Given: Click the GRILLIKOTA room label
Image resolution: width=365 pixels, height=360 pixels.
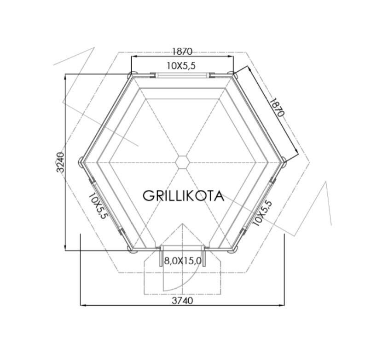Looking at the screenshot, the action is coord(183,196).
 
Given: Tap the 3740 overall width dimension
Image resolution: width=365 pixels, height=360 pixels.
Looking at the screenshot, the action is coord(182,301).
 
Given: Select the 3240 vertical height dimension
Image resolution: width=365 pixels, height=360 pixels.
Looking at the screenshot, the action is coord(60,162).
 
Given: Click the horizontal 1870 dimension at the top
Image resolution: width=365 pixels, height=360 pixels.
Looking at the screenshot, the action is coord(182,51).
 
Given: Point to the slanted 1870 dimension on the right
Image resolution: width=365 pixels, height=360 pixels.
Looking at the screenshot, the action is coord(277,108).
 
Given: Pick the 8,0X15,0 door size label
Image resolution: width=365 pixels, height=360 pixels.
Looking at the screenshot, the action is coord(183,261).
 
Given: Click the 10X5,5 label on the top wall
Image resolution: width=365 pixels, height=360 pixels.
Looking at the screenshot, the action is coord(181,66).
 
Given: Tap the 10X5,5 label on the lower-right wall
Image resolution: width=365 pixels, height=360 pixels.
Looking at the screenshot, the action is coord(262,213).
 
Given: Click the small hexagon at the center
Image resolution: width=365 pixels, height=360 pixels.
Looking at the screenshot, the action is coord(182,162).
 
